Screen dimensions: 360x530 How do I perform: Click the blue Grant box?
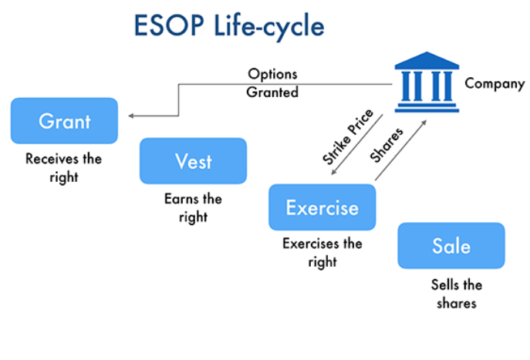[x=64, y=121]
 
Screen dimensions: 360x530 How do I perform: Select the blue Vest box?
[x=193, y=161]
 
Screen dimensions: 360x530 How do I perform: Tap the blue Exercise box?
[x=322, y=207]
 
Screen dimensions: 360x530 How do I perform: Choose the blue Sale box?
[x=451, y=246]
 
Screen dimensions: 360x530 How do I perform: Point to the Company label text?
[x=495, y=83]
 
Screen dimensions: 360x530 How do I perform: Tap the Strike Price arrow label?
[x=347, y=136]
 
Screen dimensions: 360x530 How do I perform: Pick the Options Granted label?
[x=272, y=83]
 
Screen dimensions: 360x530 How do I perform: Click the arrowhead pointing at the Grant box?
[x=132, y=116]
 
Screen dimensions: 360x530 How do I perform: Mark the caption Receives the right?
[x=63, y=168]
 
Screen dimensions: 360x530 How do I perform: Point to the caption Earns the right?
[x=193, y=207]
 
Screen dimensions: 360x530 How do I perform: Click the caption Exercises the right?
[x=322, y=253]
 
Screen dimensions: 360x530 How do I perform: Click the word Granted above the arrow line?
[x=272, y=92]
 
